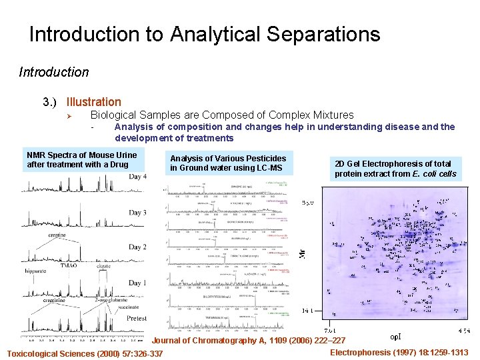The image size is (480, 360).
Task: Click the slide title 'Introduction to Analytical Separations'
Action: [205, 35]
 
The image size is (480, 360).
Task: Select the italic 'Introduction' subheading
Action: [53, 72]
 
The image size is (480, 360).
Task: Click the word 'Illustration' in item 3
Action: [93, 102]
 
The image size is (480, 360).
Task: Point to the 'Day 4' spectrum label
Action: [137, 177]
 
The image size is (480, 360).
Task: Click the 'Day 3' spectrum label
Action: [137, 213]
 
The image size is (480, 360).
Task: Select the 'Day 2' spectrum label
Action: [137, 247]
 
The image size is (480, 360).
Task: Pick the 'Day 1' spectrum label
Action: [137, 283]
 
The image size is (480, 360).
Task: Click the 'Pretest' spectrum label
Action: [136, 319]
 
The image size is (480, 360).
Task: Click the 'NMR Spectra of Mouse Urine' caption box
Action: [81, 160]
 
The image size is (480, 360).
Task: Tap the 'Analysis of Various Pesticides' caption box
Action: [228, 163]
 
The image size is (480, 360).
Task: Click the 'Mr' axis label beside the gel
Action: [301, 253]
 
